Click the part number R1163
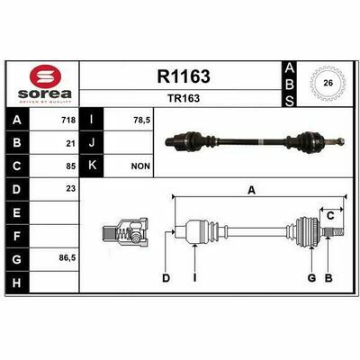pos(183,78)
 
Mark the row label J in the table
pos(94,143)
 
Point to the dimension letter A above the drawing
pos(253,190)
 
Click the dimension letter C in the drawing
pos(331,214)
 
